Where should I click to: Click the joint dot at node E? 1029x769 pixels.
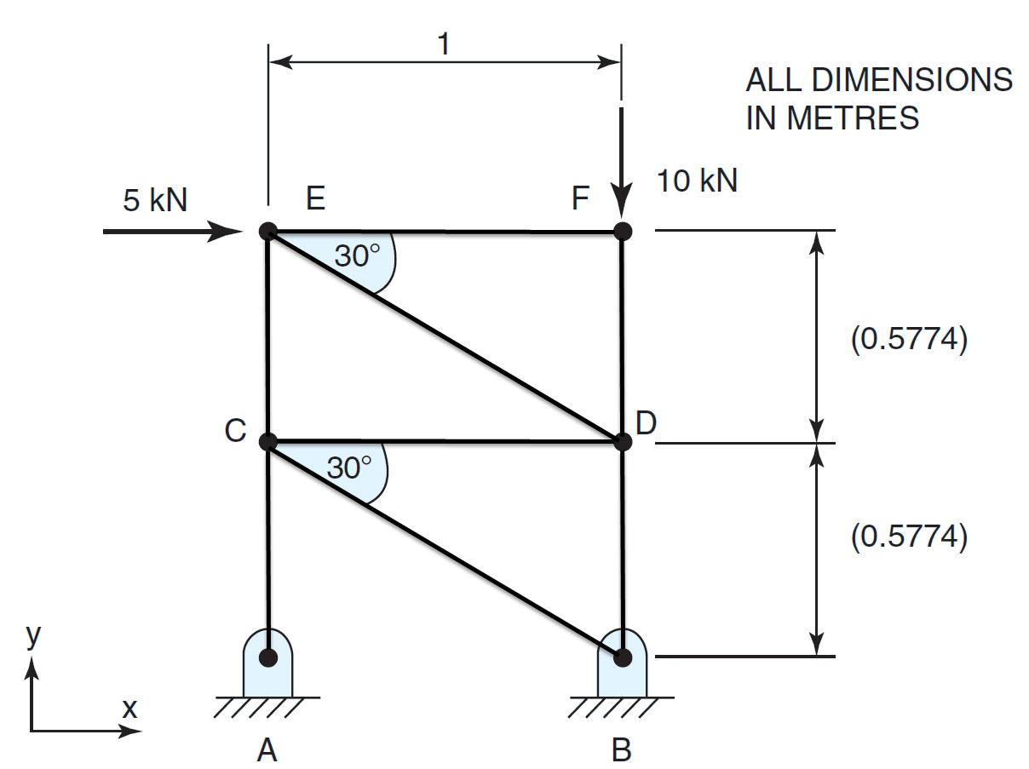tap(268, 231)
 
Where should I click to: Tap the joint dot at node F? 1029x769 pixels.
tap(623, 231)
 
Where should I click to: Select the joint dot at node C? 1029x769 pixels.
tap(268, 442)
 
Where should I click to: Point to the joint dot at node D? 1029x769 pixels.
tap(623, 442)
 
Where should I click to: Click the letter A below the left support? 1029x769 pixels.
tap(267, 749)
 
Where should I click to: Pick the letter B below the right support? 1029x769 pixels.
tap(622, 749)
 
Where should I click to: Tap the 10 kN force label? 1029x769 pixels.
tap(697, 181)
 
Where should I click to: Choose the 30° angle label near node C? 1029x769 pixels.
tap(349, 467)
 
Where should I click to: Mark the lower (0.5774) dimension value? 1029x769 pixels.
tap(910, 537)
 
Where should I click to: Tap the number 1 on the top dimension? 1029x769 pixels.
tap(443, 44)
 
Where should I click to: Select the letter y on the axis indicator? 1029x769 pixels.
tap(32, 637)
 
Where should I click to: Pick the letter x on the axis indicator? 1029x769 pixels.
tap(129, 707)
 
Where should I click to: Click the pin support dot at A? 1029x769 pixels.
tap(268, 657)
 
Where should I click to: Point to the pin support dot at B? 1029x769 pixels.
tap(623, 657)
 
